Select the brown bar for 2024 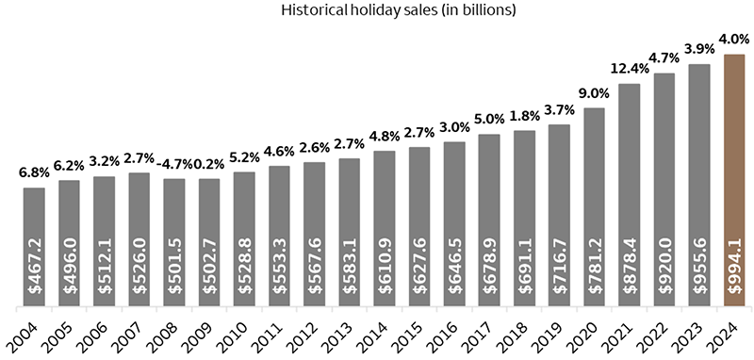[x=735, y=179]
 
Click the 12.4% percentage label [x=630, y=69]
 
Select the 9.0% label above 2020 [x=595, y=93]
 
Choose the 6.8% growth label [x=34, y=173]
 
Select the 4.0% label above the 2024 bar [x=735, y=41]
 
